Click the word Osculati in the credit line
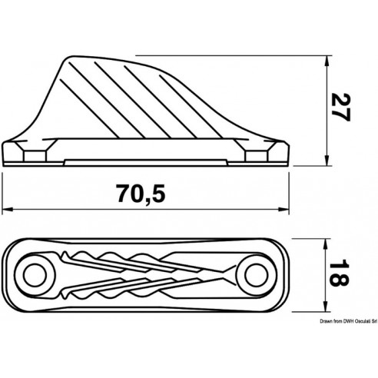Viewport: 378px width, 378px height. pos(351,325)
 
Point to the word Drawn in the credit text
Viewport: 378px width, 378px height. pos(305,325)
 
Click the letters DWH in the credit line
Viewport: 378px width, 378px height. pos(332,325)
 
